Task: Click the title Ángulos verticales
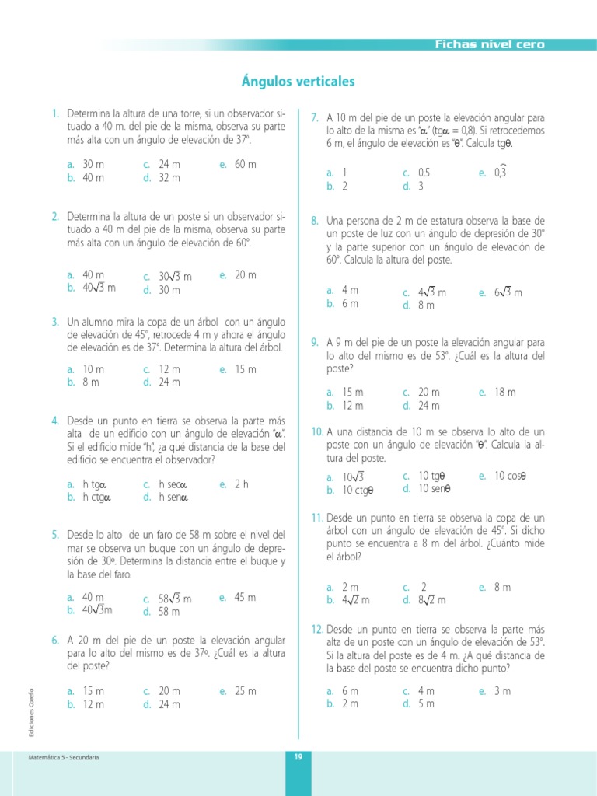coord(298,82)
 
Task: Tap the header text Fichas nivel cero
coord(490,44)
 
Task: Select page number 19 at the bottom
coord(298,757)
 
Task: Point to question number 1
coord(55,113)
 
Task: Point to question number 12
coord(317,628)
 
